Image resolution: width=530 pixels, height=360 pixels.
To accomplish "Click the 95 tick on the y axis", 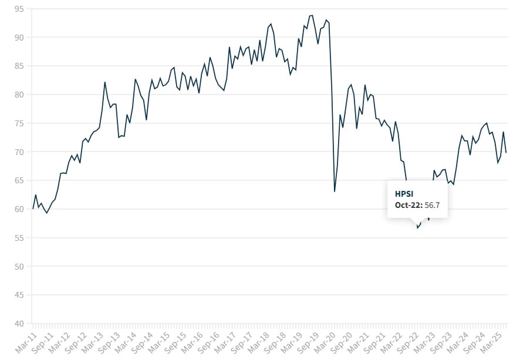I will click(19, 9).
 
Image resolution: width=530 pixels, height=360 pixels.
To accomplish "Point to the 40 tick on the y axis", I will click(19, 324).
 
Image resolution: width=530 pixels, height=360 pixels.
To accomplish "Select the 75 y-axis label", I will click(19, 123).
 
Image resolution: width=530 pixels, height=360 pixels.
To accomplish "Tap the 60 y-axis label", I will click(19, 209).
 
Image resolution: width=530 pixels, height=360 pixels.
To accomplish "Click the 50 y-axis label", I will click(19, 267).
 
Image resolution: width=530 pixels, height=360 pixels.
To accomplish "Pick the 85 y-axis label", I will click(19, 66).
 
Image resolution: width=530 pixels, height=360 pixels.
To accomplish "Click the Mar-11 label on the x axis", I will click(24, 341).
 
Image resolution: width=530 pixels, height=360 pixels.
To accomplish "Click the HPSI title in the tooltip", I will click(404, 194).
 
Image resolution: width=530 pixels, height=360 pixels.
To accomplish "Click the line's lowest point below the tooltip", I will click(417, 228).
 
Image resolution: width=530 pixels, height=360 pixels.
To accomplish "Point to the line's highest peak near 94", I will click(312, 15).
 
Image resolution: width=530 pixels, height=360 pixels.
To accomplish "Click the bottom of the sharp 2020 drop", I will click(335, 191).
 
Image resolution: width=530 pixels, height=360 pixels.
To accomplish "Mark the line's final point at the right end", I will click(506, 153).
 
